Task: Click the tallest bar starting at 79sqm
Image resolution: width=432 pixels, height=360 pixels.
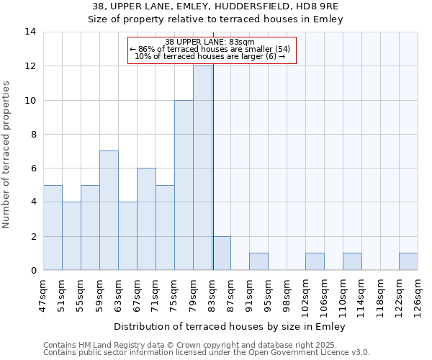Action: pos(202,168)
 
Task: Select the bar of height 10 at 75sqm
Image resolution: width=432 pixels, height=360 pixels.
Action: pos(184,185)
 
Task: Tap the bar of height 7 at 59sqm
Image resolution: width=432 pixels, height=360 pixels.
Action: pos(109,210)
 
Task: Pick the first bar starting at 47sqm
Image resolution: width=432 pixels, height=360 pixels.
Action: pos(53,228)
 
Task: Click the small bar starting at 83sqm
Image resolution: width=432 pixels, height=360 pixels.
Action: pos(221,253)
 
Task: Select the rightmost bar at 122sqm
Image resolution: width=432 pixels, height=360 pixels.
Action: pos(408,262)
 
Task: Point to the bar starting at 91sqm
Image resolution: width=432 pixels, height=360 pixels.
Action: pos(258,262)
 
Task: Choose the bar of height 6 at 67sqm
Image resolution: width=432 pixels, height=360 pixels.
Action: pos(146,219)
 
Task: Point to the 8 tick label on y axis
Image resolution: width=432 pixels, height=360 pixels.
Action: pos(32,134)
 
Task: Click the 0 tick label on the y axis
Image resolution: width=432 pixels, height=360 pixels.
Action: pos(32,271)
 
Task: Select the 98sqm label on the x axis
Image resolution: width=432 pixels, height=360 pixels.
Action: pos(287,294)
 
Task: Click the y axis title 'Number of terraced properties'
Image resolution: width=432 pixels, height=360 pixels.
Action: pos(7,154)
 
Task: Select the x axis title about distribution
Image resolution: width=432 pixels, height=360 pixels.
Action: pos(230,326)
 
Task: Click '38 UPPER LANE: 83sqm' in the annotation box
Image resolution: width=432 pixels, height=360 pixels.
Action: pos(212,42)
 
